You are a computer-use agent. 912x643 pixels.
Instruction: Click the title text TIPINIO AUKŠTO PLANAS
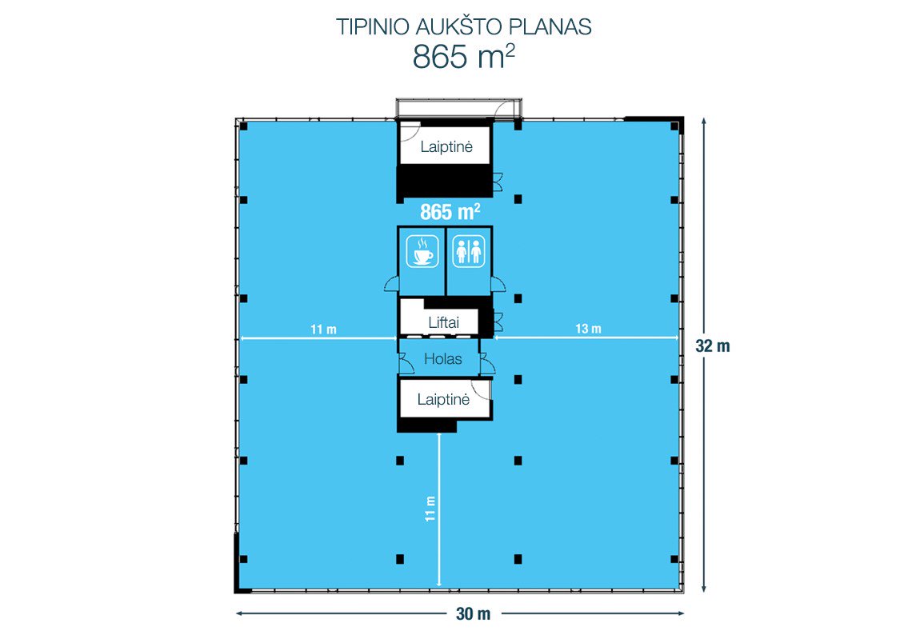463,26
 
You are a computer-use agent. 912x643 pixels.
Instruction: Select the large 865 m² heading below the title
463,57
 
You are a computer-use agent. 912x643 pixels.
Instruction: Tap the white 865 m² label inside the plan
450,212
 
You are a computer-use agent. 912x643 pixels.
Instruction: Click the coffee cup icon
422,251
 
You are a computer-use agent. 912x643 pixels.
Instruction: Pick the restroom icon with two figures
469,251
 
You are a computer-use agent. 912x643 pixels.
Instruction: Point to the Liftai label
444,322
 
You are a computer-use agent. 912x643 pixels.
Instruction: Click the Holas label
442,359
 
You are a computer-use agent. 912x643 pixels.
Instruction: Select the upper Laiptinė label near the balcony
446,146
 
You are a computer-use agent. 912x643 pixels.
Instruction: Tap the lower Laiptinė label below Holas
443,399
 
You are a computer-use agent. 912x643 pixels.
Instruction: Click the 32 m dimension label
713,346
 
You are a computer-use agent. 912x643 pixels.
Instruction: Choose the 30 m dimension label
473,614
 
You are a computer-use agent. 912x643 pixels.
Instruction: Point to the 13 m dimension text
588,329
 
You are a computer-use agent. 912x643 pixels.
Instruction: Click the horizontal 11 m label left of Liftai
323,329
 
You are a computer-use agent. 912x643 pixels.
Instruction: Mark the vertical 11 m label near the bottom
430,509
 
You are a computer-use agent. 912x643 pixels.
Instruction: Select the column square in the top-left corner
244,126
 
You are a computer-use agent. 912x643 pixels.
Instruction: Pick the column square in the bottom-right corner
674,559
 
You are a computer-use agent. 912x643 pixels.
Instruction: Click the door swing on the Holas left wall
406,364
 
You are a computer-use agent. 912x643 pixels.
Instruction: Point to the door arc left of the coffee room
391,284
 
